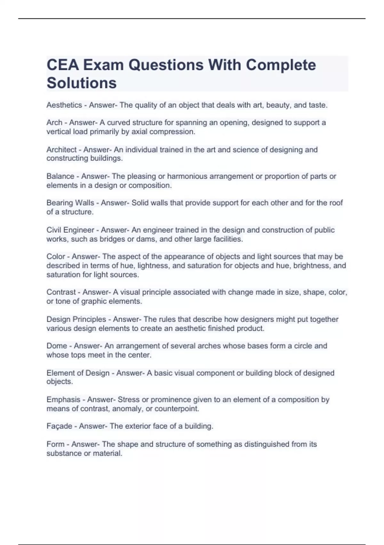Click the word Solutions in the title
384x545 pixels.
(x=82, y=83)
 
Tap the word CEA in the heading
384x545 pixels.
(x=63, y=65)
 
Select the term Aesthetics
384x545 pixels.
(x=64, y=105)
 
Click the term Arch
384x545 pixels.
(x=54, y=122)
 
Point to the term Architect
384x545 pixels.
(x=61, y=150)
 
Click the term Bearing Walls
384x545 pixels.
(x=70, y=203)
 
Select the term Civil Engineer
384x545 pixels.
(x=70, y=230)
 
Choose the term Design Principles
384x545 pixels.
(x=76, y=319)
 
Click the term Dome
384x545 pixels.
(x=57, y=346)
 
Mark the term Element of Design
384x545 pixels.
(x=78, y=373)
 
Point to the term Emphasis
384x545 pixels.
(x=63, y=399)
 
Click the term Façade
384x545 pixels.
(x=59, y=426)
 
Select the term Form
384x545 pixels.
(x=55, y=444)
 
